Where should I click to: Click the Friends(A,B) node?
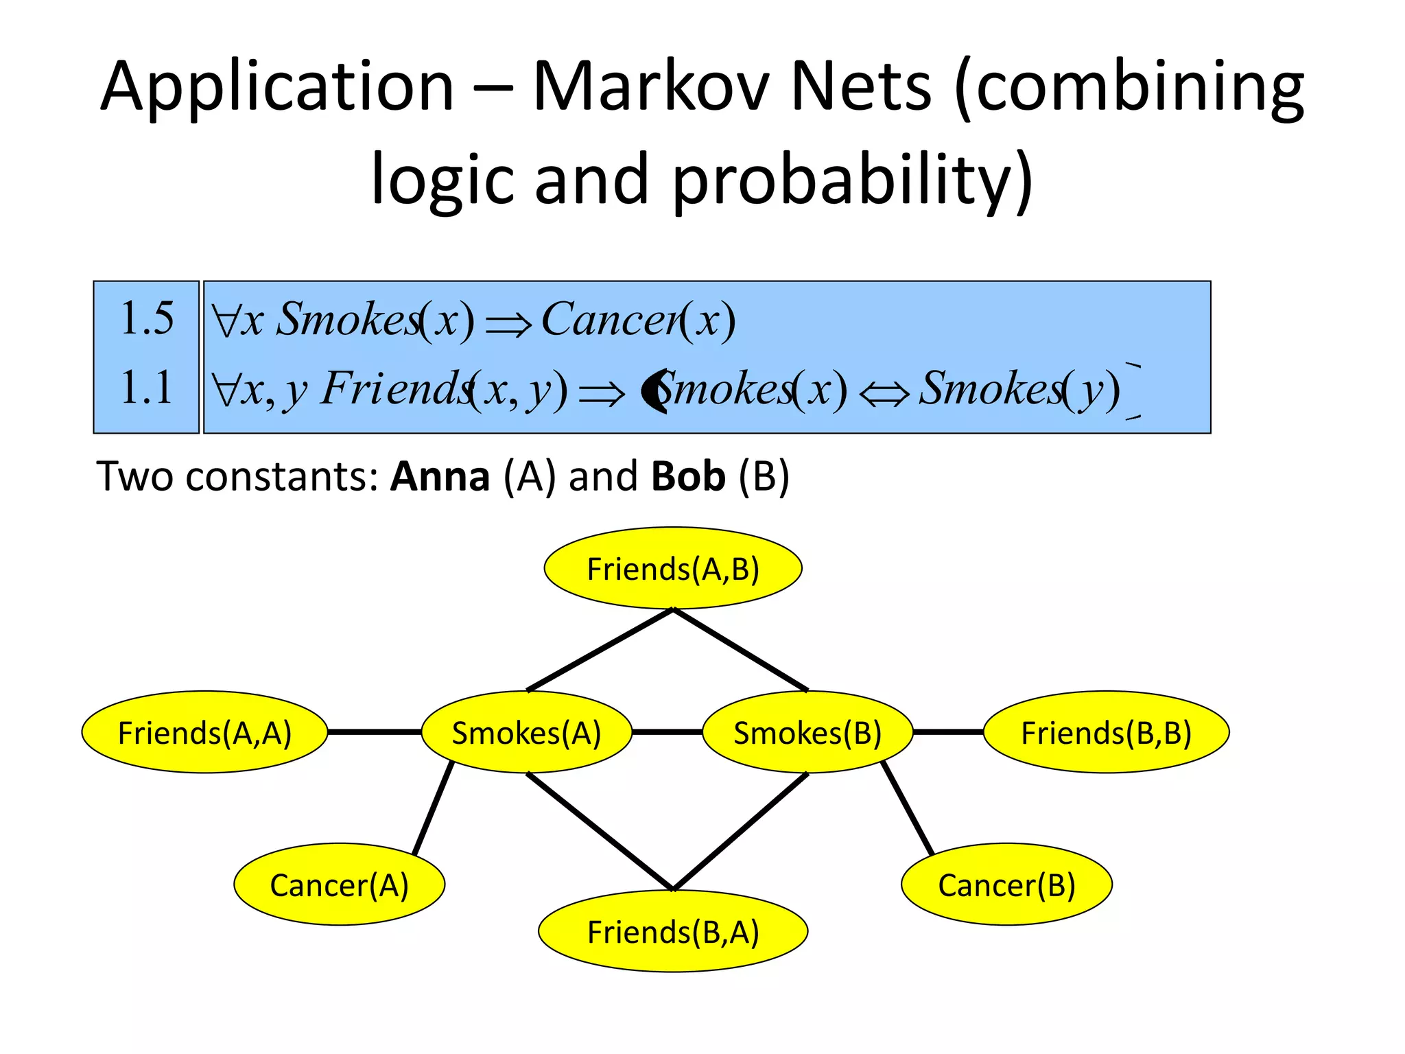click(x=673, y=568)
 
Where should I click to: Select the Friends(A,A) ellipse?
click(x=204, y=732)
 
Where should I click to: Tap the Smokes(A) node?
click(x=526, y=732)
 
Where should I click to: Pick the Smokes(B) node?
click(x=807, y=732)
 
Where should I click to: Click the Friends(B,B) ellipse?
click(x=1106, y=732)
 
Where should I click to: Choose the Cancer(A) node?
click(x=339, y=885)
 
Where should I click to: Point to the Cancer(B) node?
click(x=1006, y=885)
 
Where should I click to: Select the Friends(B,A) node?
click(x=673, y=931)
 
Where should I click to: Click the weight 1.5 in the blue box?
click(x=147, y=318)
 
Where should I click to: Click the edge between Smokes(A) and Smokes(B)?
click(x=667, y=732)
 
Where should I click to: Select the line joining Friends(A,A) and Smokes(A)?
click(x=375, y=732)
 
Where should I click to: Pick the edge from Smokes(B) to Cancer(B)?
click(x=908, y=808)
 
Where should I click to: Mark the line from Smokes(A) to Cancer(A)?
click(x=434, y=808)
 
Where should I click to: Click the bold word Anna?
click(x=440, y=476)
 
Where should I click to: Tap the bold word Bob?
click(x=688, y=476)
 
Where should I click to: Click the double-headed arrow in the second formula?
click(x=884, y=394)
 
